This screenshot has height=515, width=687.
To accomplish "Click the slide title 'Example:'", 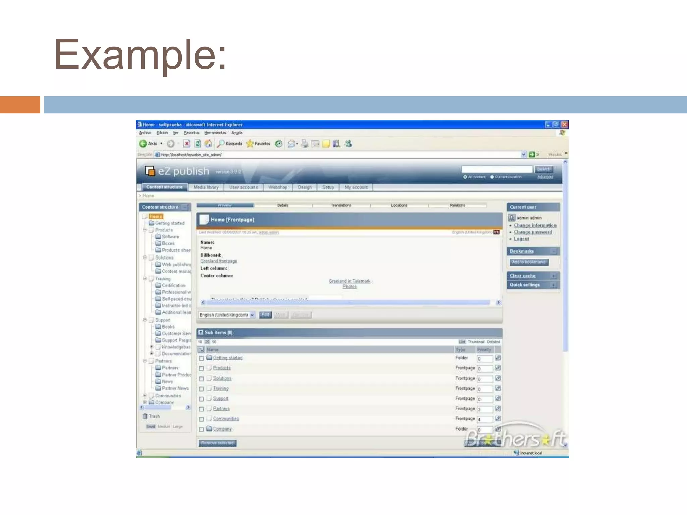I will click(140, 54).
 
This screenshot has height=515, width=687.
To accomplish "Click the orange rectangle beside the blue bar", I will click(20, 105).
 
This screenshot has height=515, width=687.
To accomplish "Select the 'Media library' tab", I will click(206, 187).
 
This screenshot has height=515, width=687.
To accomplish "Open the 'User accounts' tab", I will click(244, 187).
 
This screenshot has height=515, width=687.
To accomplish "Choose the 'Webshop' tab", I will click(278, 187).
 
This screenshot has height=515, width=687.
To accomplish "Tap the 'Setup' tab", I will click(328, 187).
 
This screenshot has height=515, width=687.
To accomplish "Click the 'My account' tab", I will click(356, 187).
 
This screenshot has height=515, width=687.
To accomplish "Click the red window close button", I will click(565, 125).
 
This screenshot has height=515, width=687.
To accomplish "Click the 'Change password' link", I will click(533, 232).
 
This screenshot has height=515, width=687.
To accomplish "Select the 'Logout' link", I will click(521, 239).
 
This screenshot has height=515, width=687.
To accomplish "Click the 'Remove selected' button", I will click(217, 443).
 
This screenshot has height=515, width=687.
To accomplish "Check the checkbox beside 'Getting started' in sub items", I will click(201, 358).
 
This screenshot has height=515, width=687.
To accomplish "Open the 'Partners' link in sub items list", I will click(221, 409).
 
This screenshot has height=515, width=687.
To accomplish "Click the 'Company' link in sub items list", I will click(222, 429).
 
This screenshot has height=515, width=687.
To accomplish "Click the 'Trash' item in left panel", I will click(154, 416).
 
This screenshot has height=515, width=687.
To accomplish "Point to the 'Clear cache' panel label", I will click(523, 276).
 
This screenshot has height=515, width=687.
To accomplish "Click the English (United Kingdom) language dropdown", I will click(226, 315).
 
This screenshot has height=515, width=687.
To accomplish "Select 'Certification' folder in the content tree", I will click(173, 285).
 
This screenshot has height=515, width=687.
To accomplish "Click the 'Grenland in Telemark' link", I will click(350, 281).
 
